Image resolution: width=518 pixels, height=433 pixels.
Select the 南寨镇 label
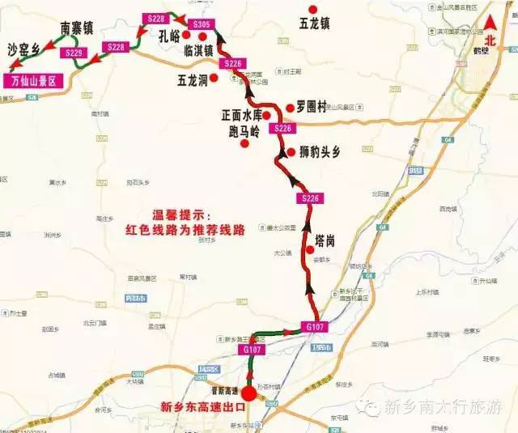coord(77,28)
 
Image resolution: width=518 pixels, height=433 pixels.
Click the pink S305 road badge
coord(202,25)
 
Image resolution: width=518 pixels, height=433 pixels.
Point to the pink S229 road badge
coord(74,53)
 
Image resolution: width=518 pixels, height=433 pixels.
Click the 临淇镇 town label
coord(198,50)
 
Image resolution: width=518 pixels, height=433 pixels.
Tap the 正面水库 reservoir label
coord(241,116)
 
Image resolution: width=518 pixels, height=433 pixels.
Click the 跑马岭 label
coord(244,130)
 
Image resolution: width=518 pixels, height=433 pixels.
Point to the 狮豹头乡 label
coord(321,151)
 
